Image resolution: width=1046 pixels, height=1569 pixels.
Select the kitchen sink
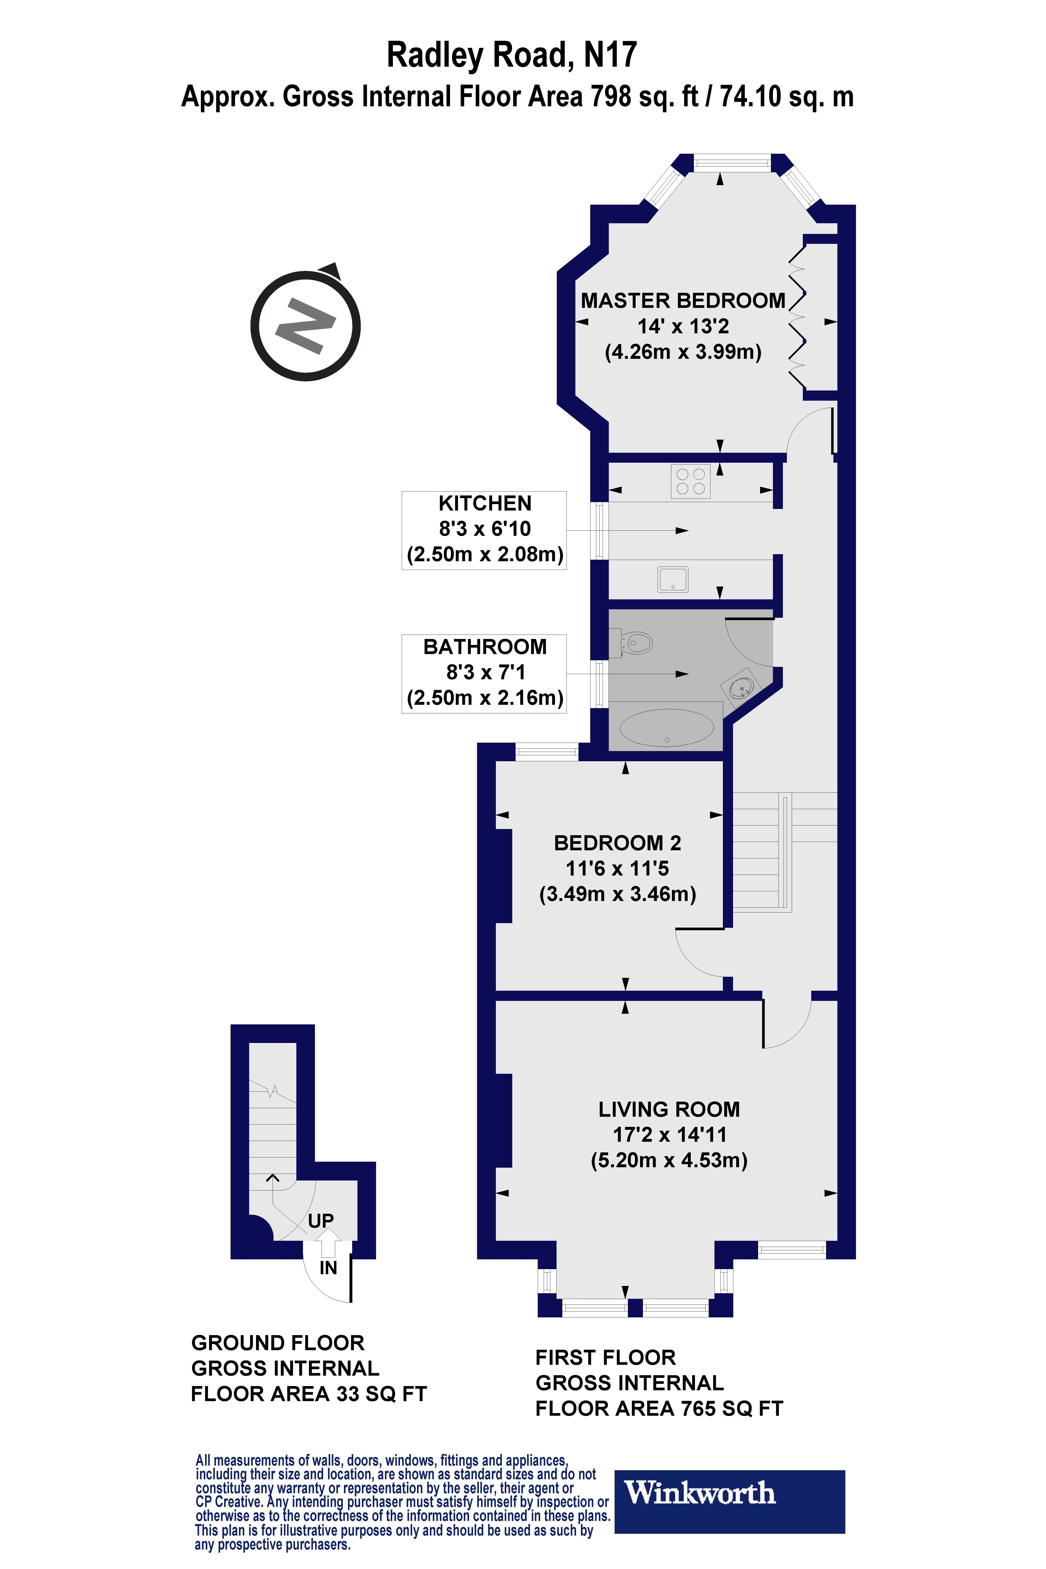pyautogui.click(x=673, y=579)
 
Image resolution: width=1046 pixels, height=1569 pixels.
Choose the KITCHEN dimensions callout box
pyautogui.click(x=484, y=530)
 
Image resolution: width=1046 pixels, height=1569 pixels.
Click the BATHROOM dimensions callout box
pyautogui.click(x=484, y=673)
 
